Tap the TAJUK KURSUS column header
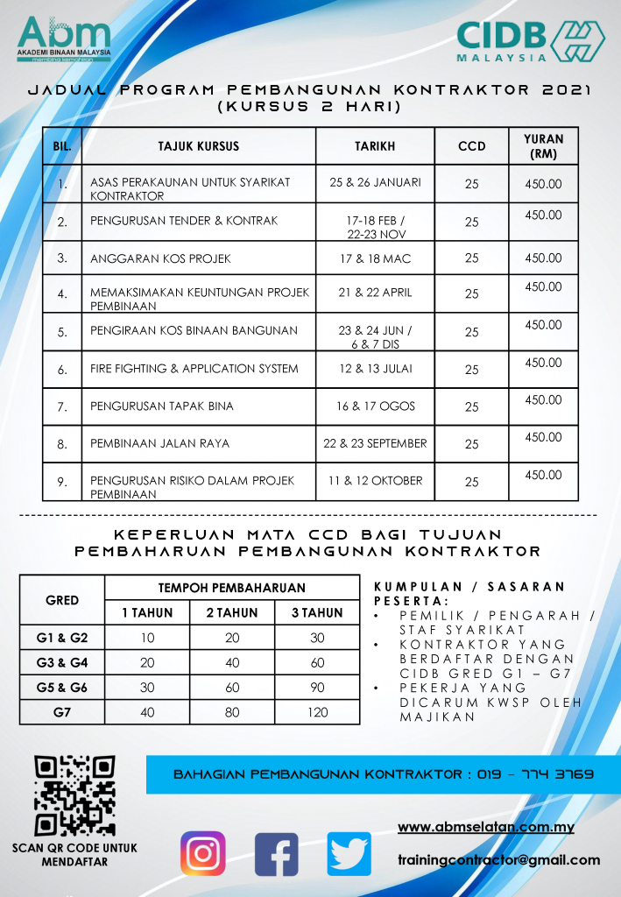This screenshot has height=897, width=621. coord(198,146)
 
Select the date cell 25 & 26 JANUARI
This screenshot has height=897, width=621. coord(375,182)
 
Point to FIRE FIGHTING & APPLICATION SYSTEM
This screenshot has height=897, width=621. coord(194,369)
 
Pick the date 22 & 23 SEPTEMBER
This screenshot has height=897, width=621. coord(375,443)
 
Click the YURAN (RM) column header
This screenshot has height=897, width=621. coord(543,146)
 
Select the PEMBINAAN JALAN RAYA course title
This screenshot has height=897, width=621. coord(159,443)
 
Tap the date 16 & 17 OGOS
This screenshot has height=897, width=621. coord(375,406)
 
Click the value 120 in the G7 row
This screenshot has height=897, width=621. coord(317,712)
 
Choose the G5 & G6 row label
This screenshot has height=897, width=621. coord(62,688)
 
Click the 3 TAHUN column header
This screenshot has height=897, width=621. coord(317,612)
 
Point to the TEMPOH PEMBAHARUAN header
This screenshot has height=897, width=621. coord(232,588)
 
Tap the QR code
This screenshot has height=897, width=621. coord(74,795)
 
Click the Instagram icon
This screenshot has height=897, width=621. coord(203,853)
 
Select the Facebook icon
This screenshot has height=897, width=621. coord(276,854)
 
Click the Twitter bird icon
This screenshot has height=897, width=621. coord(349,854)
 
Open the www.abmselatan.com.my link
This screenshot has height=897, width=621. coord(485,827)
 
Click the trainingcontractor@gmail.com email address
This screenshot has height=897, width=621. coord(498,860)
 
